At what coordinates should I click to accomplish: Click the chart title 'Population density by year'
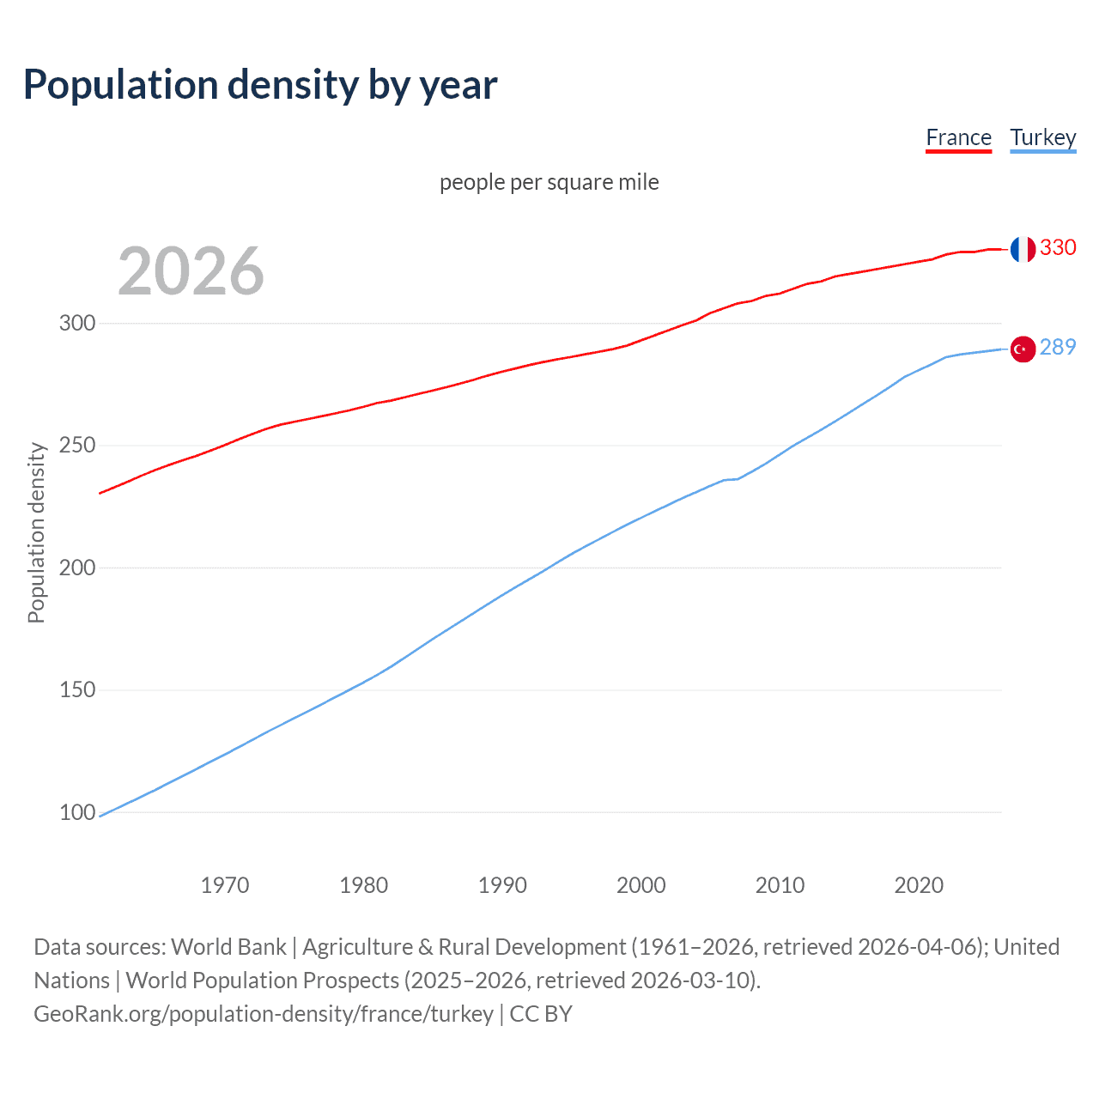pos(260,84)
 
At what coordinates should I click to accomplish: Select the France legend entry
pos(958,137)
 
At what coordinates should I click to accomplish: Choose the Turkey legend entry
pos(1042,137)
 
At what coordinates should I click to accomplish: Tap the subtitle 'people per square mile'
pos(549,182)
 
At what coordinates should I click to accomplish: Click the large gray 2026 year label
pos(191,270)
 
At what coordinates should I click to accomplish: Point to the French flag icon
pos(1022,249)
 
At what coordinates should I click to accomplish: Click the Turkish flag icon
pos(1022,349)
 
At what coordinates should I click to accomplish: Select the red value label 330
pos(1058,247)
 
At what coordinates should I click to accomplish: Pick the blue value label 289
pos(1058,347)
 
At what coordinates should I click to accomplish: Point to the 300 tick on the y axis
pos(77,324)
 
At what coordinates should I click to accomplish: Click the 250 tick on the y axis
pos(77,446)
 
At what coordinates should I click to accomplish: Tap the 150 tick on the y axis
pos(77,690)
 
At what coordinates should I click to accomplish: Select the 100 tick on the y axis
pos(77,812)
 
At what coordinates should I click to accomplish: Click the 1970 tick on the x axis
pos(225,885)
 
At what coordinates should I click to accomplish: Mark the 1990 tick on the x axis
pos(502,885)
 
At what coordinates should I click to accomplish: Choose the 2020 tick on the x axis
pos(919,885)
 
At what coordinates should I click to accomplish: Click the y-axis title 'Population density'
pos(36,532)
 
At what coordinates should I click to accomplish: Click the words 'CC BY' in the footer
pos(541,1014)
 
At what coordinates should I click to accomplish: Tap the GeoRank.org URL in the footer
pos(264,1014)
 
